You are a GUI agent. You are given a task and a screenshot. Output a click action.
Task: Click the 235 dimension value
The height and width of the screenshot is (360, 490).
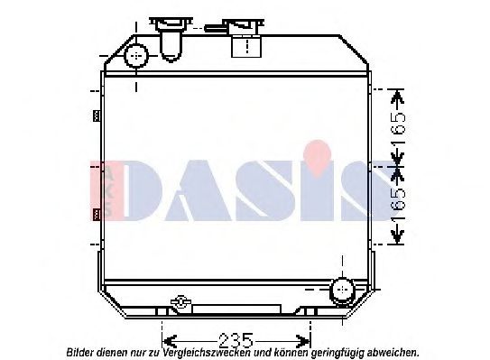(x=236, y=341)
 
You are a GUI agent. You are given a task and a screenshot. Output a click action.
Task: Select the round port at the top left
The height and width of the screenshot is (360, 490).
(x=136, y=56)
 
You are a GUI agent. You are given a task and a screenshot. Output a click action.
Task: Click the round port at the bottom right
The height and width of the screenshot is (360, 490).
(x=342, y=289)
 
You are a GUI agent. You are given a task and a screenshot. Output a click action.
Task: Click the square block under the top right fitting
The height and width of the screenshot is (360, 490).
(x=246, y=47)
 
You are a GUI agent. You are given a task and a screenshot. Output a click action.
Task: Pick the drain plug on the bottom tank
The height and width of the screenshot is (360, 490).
(x=180, y=302)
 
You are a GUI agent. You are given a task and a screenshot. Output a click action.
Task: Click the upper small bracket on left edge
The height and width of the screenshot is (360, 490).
(x=97, y=115)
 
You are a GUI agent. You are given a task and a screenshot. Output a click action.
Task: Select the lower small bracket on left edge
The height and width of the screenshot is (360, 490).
(x=97, y=214)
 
